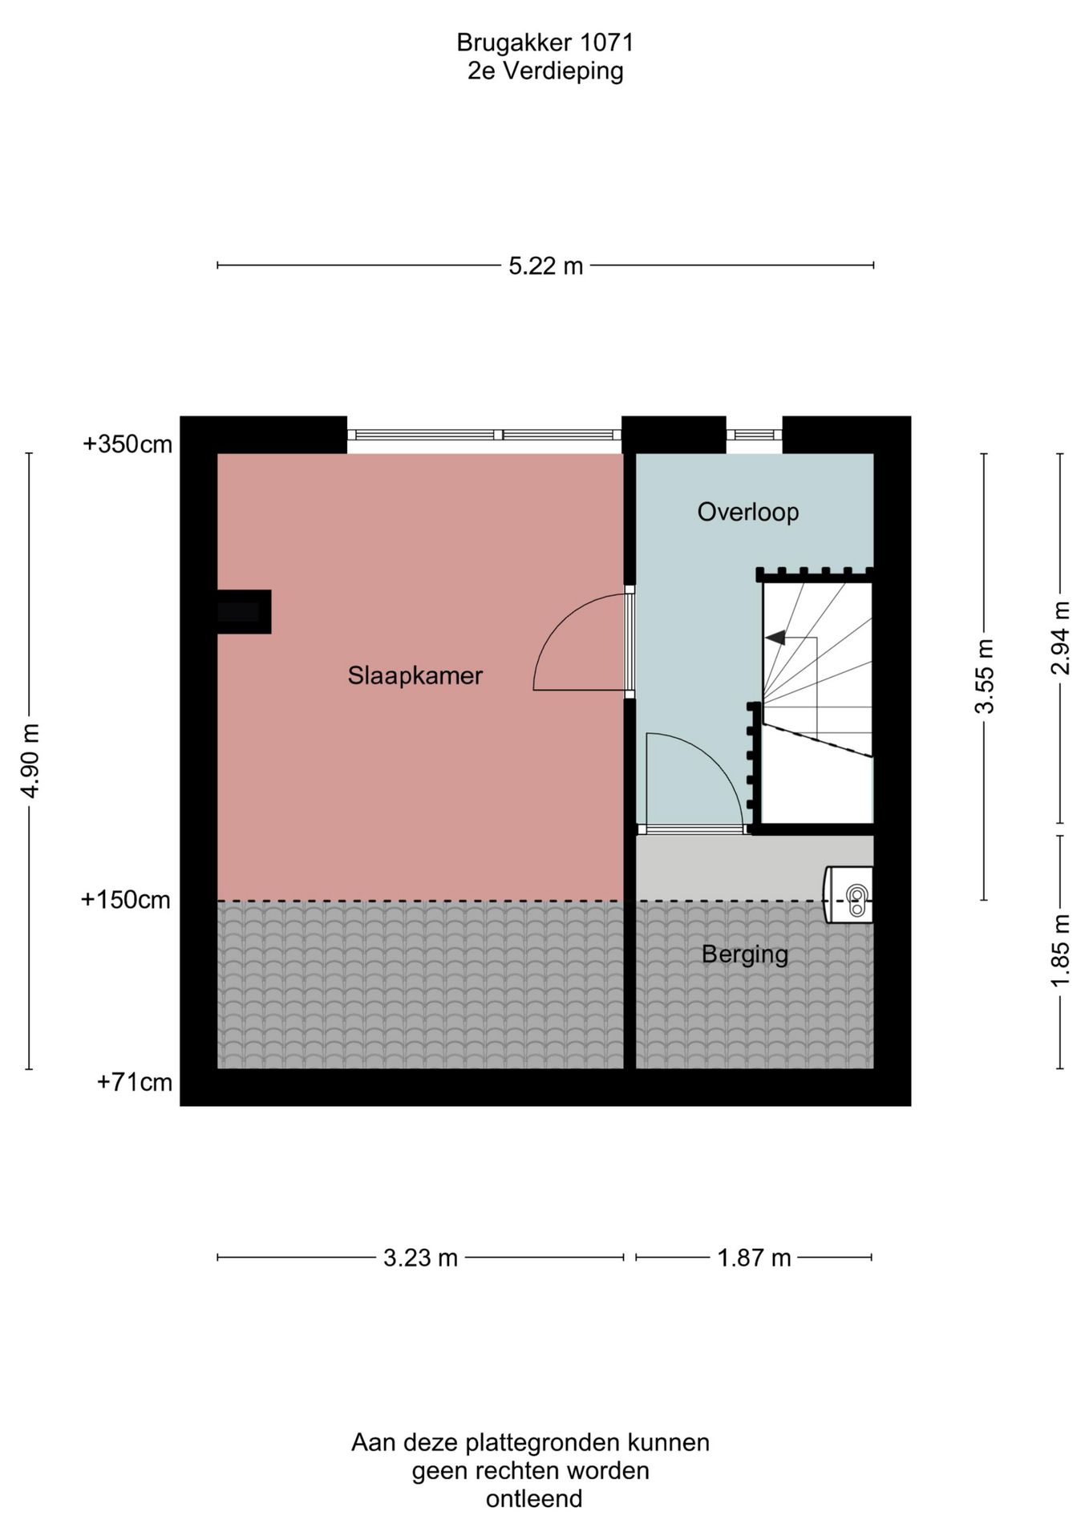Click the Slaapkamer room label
(415, 675)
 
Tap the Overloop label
(747, 512)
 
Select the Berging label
(745, 954)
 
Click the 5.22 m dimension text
(545, 265)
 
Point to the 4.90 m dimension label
(30, 760)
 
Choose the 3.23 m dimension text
(420, 1258)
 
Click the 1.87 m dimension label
(754, 1258)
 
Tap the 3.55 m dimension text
(984, 676)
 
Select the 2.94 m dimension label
(1061, 638)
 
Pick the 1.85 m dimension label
(1061, 952)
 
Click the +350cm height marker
(128, 444)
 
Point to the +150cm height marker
(126, 900)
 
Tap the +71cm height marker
(135, 1083)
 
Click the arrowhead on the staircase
(775, 638)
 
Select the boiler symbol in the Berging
(848, 894)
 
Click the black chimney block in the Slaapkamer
(244, 612)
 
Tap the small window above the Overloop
(755, 435)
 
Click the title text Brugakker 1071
(545, 42)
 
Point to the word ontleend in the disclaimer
(534, 1498)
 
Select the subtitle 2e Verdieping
(545, 71)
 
